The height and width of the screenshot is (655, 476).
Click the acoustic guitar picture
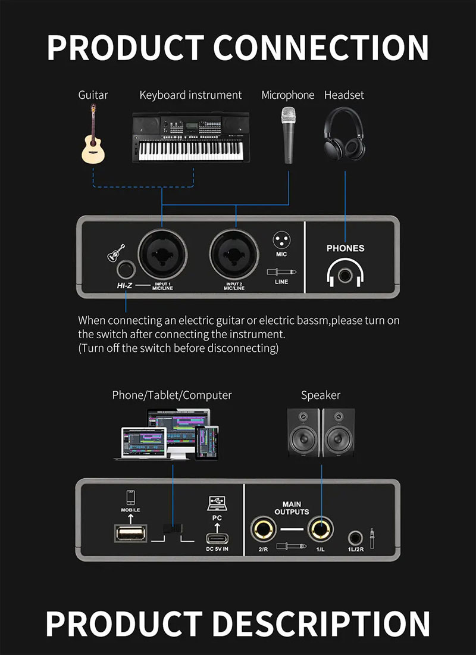coord(93,136)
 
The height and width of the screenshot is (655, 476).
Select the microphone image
coord(288,135)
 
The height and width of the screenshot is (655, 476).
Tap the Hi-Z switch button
coord(126,270)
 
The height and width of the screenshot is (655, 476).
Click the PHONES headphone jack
coord(345,275)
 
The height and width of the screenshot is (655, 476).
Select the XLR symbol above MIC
coord(281,241)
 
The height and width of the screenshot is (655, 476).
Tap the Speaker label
coord(320,395)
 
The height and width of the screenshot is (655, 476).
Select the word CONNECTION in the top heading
coord(321,47)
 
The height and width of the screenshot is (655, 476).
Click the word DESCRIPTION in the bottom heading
coord(321,623)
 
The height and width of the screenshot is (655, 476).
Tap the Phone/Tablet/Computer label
coord(172,395)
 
